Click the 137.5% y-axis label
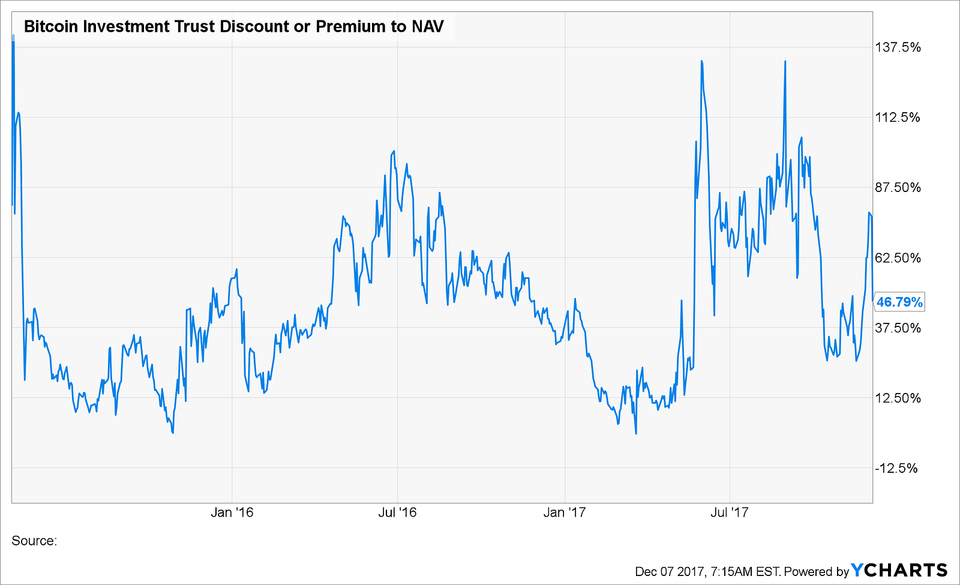click(898, 47)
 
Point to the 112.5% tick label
click(898, 117)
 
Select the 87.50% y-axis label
click(898, 187)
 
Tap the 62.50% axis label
click(898, 257)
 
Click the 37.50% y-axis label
click(898, 328)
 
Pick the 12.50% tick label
click(898, 398)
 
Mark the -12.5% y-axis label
click(897, 468)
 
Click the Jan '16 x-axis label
click(232, 512)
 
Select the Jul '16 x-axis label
click(398, 512)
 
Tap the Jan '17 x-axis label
click(565, 512)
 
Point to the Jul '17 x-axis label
click(729, 512)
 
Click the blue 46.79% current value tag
click(899, 302)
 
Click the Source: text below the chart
click(34, 541)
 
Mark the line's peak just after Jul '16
click(394, 151)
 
